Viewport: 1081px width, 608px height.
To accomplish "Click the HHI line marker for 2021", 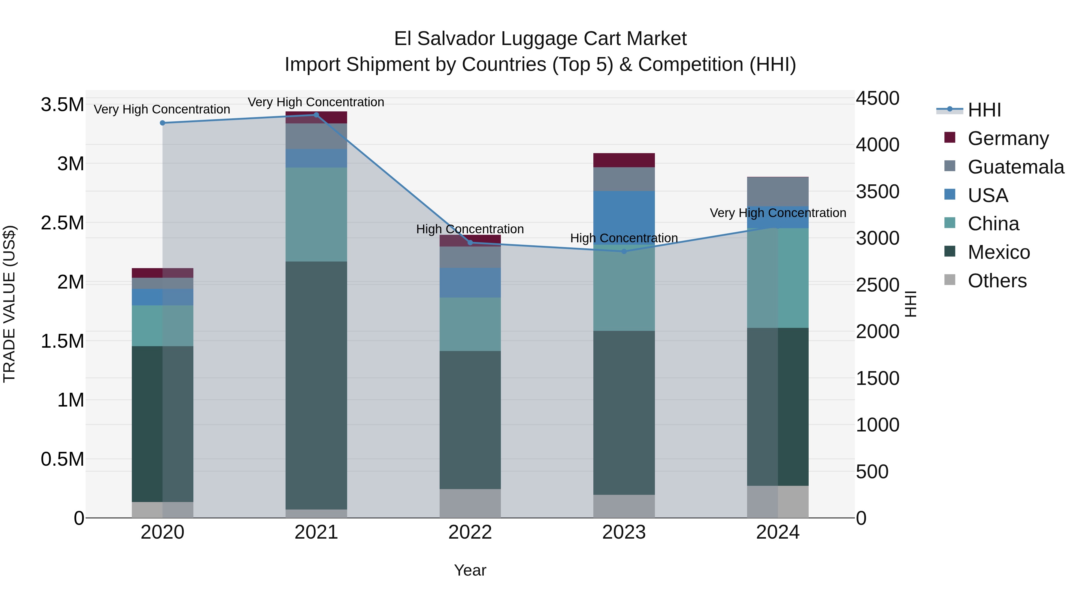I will pyautogui.click(x=316, y=115).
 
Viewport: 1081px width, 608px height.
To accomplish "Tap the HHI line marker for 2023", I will pyautogui.click(x=624, y=251).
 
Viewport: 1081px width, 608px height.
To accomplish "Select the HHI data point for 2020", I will pyautogui.click(x=162, y=123).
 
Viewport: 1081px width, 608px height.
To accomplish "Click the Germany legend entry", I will pyautogui.click(x=1008, y=138).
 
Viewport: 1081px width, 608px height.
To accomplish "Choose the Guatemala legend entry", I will pyautogui.click(x=1016, y=167).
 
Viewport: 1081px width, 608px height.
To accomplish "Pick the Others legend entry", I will pyautogui.click(x=997, y=280).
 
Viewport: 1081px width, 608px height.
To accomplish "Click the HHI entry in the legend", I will pyautogui.click(x=984, y=110).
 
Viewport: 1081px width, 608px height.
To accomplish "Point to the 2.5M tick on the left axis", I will pyautogui.click(x=62, y=223).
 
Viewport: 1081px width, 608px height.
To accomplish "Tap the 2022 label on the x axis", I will pyautogui.click(x=470, y=532).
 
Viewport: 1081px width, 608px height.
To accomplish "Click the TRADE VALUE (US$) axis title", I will pyautogui.click(x=9, y=304).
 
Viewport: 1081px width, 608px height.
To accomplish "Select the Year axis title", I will pyautogui.click(x=470, y=570).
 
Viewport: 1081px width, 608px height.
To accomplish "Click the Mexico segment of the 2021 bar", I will pyautogui.click(x=316, y=385).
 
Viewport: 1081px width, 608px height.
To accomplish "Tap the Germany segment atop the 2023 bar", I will pyautogui.click(x=624, y=160).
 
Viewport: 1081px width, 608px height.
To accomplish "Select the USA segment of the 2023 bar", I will pyautogui.click(x=624, y=216).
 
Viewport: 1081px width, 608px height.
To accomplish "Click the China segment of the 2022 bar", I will pyautogui.click(x=470, y=324).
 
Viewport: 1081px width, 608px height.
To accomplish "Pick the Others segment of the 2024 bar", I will pyautogui.click(x=778, y=501).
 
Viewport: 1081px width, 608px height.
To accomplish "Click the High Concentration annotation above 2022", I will pyautogui.click(x=470, y=229).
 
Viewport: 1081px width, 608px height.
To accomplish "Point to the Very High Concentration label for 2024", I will pyautogui.click(x=778, y=213).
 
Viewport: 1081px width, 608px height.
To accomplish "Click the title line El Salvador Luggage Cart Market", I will pyautogui.click(x=540, y=39).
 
